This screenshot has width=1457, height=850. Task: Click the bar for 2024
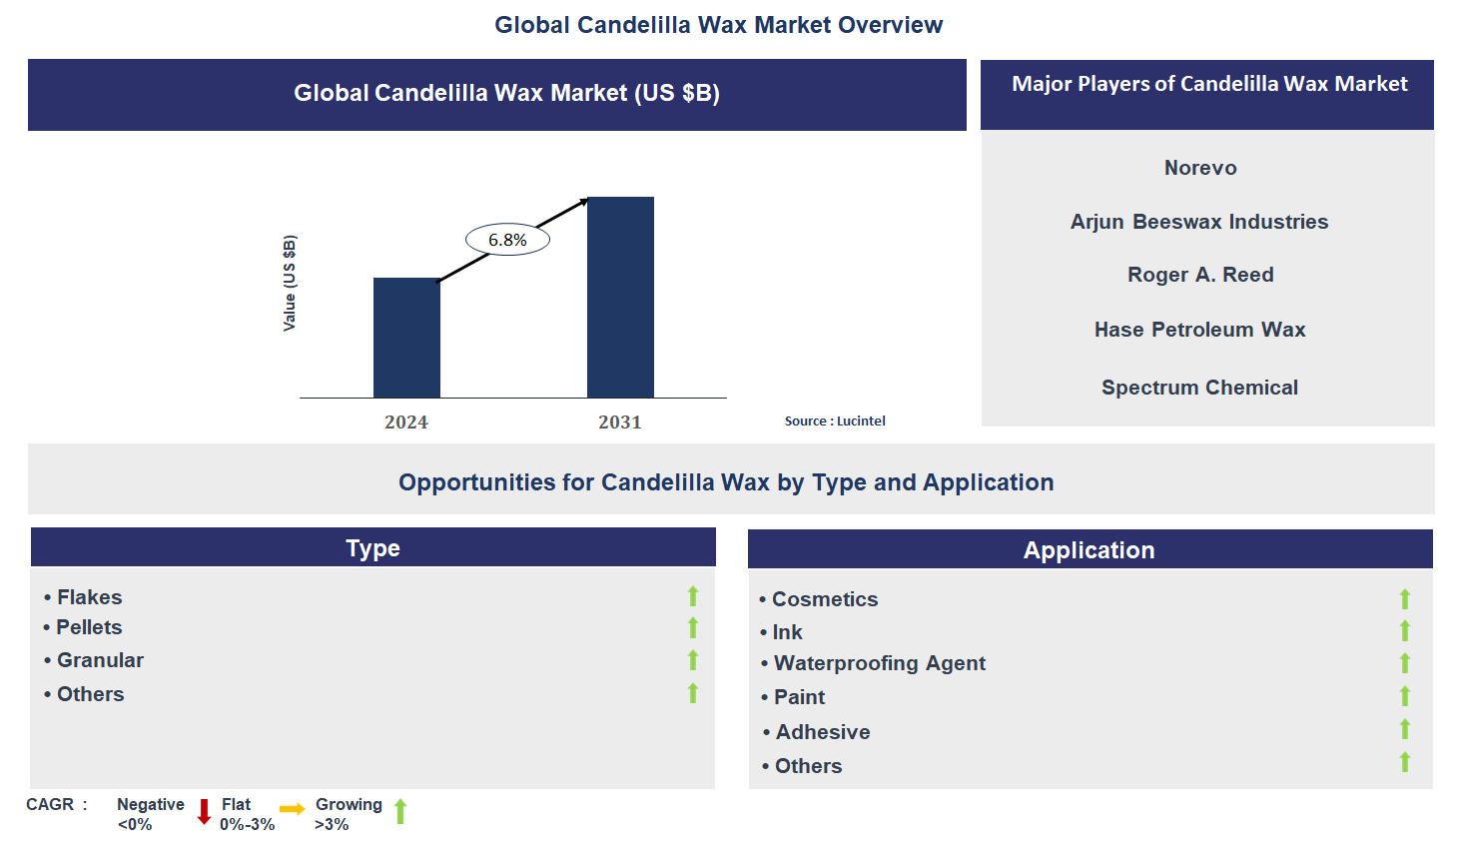click(406, 338)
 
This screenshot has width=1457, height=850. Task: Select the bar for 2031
click(620, 297)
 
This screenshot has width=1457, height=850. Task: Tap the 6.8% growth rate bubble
click(507, 240)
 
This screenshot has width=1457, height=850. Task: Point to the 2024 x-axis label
click(406, 423)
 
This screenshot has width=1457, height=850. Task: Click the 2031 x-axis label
click(620, 423)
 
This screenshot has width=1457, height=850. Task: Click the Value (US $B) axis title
click(290, 283)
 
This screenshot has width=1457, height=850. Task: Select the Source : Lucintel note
click(835, 422)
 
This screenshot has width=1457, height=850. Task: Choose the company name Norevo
click(1200, 168)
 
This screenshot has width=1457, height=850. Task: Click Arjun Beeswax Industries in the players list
click(1199, 222)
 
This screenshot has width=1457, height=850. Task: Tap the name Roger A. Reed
click(1200, 275)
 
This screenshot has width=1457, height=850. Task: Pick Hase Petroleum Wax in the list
click(1199, 330)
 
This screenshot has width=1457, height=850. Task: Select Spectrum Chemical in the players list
click(1199, 388)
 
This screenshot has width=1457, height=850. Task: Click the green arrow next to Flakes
click(693, 596)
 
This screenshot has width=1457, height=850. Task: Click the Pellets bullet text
click(89, 627)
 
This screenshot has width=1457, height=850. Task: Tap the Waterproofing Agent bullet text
click(879, 663)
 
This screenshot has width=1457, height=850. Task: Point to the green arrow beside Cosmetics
click(1405, 598)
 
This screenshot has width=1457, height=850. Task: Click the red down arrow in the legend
click(204, 811)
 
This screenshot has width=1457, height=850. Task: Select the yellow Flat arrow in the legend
click(293, 809)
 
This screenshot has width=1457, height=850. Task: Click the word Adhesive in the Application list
click(823, 732)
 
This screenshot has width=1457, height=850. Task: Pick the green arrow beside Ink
click(1405, 630)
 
